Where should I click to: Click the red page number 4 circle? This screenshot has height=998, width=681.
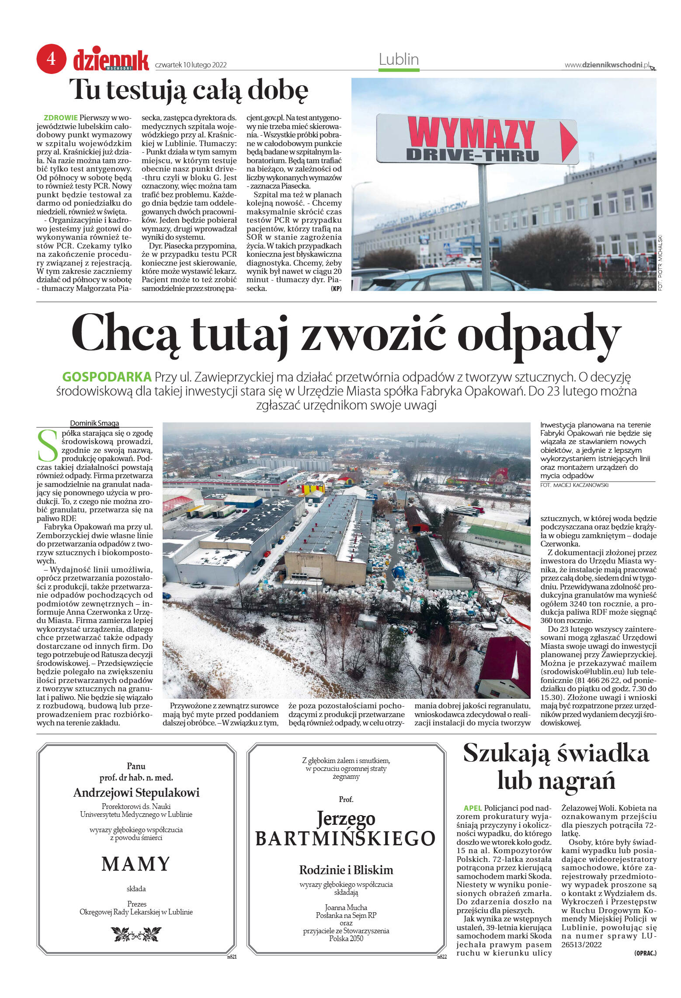click(x=51, y=59)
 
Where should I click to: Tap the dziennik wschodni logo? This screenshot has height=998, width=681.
click(x=111, y=60)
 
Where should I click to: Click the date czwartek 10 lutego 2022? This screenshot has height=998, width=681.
click(x=191, y=65)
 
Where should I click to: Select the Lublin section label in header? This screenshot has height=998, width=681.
click(x=398, y=60)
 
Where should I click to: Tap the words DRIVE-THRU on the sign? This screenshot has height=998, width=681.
click(x=472, y=155)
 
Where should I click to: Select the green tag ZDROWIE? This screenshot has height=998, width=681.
click(x=60, y=118)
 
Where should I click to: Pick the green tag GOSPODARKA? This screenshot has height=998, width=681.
click(x=107, y=377)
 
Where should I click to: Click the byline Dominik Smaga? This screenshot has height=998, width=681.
click(x=94, y=423)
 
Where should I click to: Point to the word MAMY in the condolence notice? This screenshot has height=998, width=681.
click(x=136, y=864)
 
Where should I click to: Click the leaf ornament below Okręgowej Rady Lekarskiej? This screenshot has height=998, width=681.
click(x=136, y=934)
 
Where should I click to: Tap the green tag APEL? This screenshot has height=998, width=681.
click(x=473, y=808)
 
